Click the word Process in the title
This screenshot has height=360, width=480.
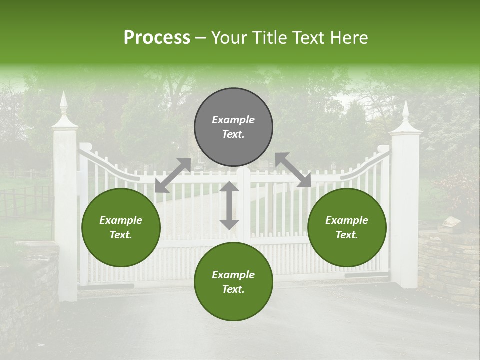coord(157,38)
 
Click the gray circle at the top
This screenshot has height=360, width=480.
coord(233,127)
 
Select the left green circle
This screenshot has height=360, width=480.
coord(121,227)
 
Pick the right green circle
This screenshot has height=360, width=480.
coord(347,227)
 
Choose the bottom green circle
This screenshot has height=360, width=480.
coord(233,282)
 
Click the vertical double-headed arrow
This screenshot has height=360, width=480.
coord(229,205)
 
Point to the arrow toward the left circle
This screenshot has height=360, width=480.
coord(173,175)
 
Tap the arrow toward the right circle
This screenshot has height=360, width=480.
coord(293,170)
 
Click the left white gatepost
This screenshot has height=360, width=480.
coord(65,215)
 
